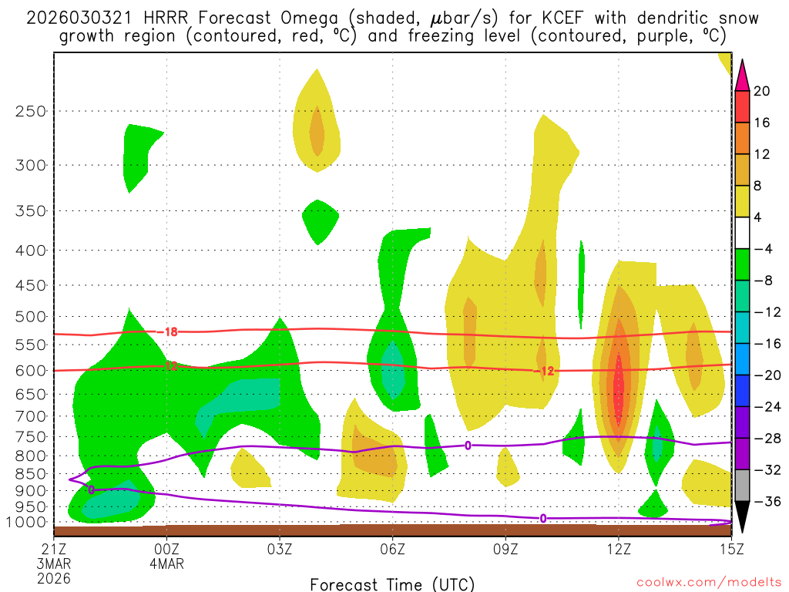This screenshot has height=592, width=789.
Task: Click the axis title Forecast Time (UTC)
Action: coord(392,584)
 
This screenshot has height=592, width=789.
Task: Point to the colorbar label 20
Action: coord(762,91)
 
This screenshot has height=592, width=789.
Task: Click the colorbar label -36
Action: coord(765,502)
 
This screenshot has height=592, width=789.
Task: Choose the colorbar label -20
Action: coord(765,375)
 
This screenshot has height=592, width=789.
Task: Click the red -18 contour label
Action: coord(170,332)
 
